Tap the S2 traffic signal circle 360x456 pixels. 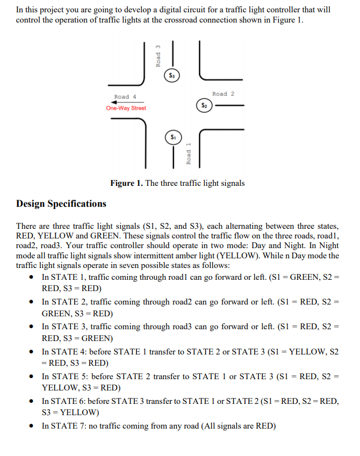(204, 106)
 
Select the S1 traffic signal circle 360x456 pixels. (172, 137)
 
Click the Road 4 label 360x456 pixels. (125, 97)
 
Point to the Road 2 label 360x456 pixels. (223, 94)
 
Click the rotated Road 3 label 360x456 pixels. (159, 55)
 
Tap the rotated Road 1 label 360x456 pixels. (188, 154)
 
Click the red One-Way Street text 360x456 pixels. (126, 108)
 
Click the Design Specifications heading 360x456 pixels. (61, 204)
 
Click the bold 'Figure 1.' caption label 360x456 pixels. (126, 183)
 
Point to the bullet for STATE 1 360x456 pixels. (33, 278)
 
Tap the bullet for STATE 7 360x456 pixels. (33, 426)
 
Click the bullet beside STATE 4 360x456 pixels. (33, 352)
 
